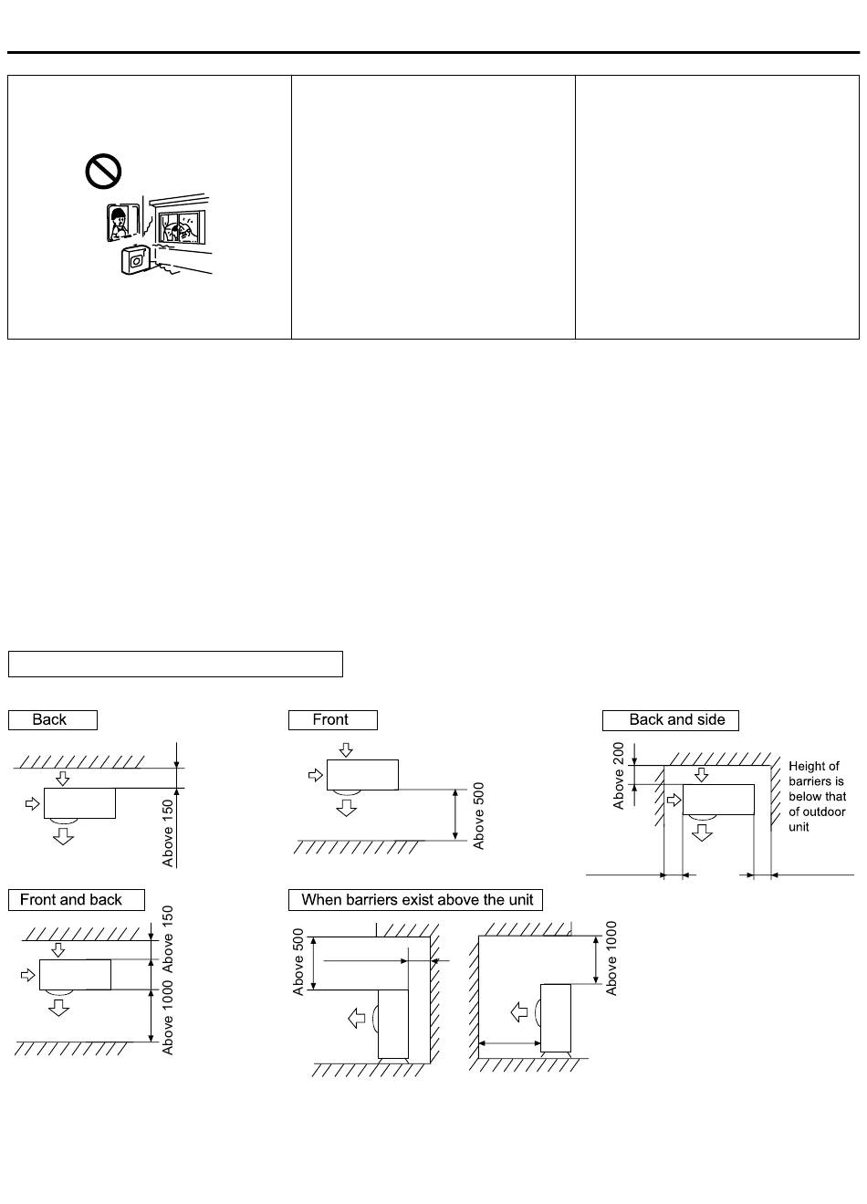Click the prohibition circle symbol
tap(103, 171)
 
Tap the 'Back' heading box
tap(52, 719)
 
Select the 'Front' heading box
tap(332, 719)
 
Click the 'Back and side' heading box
tap(670, 719)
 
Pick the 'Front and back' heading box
tap(76, 899)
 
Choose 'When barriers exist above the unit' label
tap(415, 899)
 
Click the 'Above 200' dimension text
tap(620, 775)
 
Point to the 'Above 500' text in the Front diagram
tap(479, 815)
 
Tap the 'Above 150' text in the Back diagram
tap(168, 833)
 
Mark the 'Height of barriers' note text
tap(817, 796)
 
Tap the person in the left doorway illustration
tap(119, 222)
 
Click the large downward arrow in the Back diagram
tap(63, 835)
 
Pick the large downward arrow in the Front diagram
tap(346, 807)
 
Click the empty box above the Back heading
tap(175, 664)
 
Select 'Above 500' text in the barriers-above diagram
tap(298, 962)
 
